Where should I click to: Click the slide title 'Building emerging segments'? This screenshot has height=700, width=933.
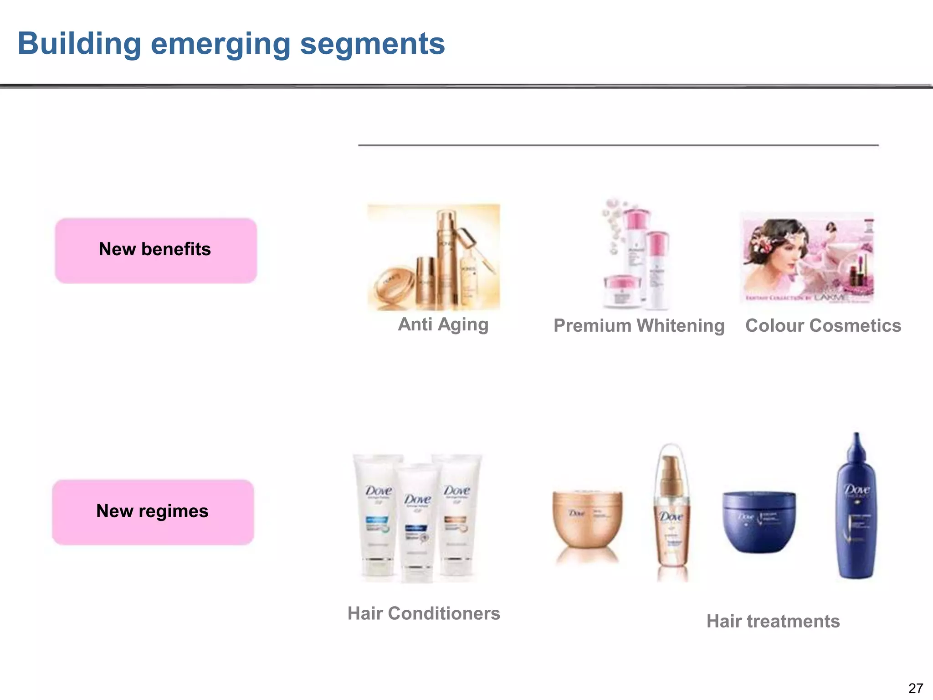pyautogui.click(x=231, y=44)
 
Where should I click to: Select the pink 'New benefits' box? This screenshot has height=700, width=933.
pyautogui.click(x=156, y=250)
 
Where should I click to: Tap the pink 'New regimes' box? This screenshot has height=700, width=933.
pyautogui.click(x=153, y=512)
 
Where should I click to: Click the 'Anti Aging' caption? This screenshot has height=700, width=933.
pyautogui.click(x=443, y=324)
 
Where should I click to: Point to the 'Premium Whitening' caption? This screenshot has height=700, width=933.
pyautogui.click(x=639, y=326)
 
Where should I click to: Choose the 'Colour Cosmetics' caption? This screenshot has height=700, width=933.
pyautogui.click(x=823, y=326)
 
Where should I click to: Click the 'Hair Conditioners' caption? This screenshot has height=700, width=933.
pyautogui.click(x=424, y=613)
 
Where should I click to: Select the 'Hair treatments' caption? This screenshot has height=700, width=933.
pyautogui.click(x=773, y=621)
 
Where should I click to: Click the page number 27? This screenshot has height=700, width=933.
pyautogui.click(x=915, y=688)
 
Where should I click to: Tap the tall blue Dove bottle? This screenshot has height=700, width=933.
pyautogui.click(x=856, y=510)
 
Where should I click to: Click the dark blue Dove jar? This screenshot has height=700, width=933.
pyautogui.click(x=759, y=522)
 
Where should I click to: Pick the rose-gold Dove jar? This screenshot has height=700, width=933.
pyautogui.click(x=587, y=520)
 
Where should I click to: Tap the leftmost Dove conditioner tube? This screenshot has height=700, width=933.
pyautogui.click(x=378, y=515)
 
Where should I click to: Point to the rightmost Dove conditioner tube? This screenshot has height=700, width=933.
pyautogui.click(x=456, y=515)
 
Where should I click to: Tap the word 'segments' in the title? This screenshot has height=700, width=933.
pyautogui.click(x=372, y=44)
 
